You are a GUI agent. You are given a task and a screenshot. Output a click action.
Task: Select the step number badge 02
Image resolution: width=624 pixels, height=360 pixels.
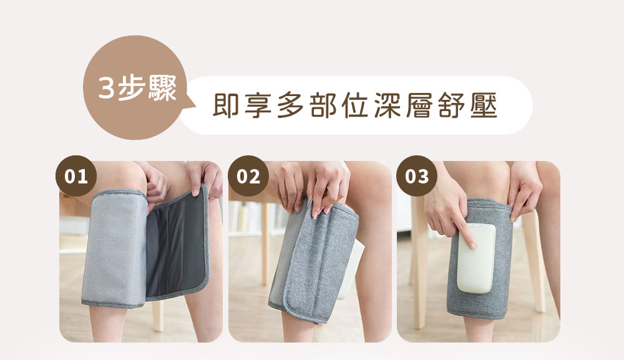[248, 177]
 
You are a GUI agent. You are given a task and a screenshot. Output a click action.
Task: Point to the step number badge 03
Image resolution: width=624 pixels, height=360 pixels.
[417, 177]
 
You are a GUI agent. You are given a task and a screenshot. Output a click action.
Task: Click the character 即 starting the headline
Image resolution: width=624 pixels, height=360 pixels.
[226, 105]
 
